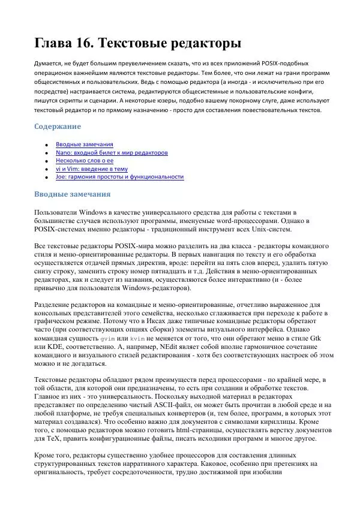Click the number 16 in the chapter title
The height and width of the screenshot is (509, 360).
(80, 43)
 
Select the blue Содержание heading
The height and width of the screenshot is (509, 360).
(57, 127)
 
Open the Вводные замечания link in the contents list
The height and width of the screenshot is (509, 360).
(84, 144)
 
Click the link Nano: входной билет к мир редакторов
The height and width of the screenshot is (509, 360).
(112, 153)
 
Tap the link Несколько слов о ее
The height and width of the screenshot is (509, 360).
(85, 161)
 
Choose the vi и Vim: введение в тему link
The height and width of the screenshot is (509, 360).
(92, 169)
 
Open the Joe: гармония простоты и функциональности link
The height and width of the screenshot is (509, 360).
(119, 177)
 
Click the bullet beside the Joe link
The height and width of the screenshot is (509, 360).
(46, 177)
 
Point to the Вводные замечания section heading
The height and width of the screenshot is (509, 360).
(72, 194)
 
